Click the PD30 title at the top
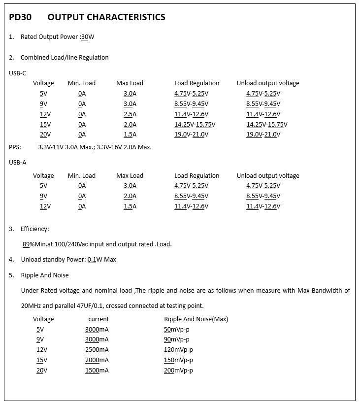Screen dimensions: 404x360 20,17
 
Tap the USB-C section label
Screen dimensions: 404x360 17,73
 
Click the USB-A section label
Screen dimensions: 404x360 17,162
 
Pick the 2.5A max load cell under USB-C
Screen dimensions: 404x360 130,114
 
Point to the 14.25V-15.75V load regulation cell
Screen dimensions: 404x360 195,125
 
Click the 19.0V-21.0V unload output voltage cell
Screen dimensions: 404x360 263,135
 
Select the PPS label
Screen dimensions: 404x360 15,147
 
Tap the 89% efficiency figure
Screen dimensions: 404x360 28,244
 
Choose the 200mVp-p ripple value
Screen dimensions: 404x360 178,370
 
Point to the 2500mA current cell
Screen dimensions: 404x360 97,350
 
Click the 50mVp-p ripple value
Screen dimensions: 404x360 176,329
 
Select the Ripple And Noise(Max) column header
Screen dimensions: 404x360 196,319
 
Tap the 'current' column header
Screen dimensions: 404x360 98,319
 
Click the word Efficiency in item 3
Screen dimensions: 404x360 34,229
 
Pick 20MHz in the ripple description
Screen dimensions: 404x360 32,305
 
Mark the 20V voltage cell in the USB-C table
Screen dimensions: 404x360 45,135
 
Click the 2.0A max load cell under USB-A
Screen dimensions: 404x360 130,196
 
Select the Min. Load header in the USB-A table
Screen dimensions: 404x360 82,176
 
